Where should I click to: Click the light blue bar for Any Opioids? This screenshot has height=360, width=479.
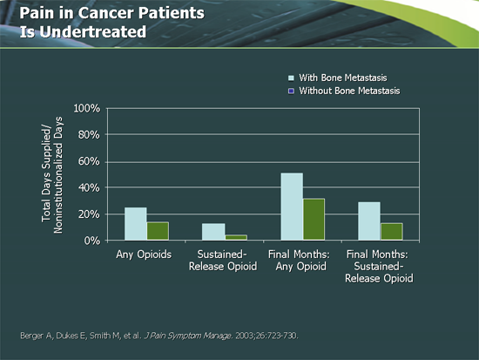[x=135, y=224]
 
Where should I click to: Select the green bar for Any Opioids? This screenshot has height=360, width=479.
[x=158, y=231]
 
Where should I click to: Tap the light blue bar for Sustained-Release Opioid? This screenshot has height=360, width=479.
[x=213, y=232]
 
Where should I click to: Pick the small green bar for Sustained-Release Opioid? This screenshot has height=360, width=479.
[x=236, y=237]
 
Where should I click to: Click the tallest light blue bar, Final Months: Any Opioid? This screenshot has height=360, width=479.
[x=292, y=207]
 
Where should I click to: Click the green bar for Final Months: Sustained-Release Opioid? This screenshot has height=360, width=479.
[x=392, y=232]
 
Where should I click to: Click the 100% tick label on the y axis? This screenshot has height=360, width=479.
[x=88, y=109]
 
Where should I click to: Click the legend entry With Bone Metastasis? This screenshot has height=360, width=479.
[x=343, y=78]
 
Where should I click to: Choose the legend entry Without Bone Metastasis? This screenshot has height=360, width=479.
[x=349, y=91]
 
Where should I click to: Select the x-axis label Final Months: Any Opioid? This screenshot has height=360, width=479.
[x=301, y=261]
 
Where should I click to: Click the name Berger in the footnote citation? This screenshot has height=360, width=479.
[x=31, y=335]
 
